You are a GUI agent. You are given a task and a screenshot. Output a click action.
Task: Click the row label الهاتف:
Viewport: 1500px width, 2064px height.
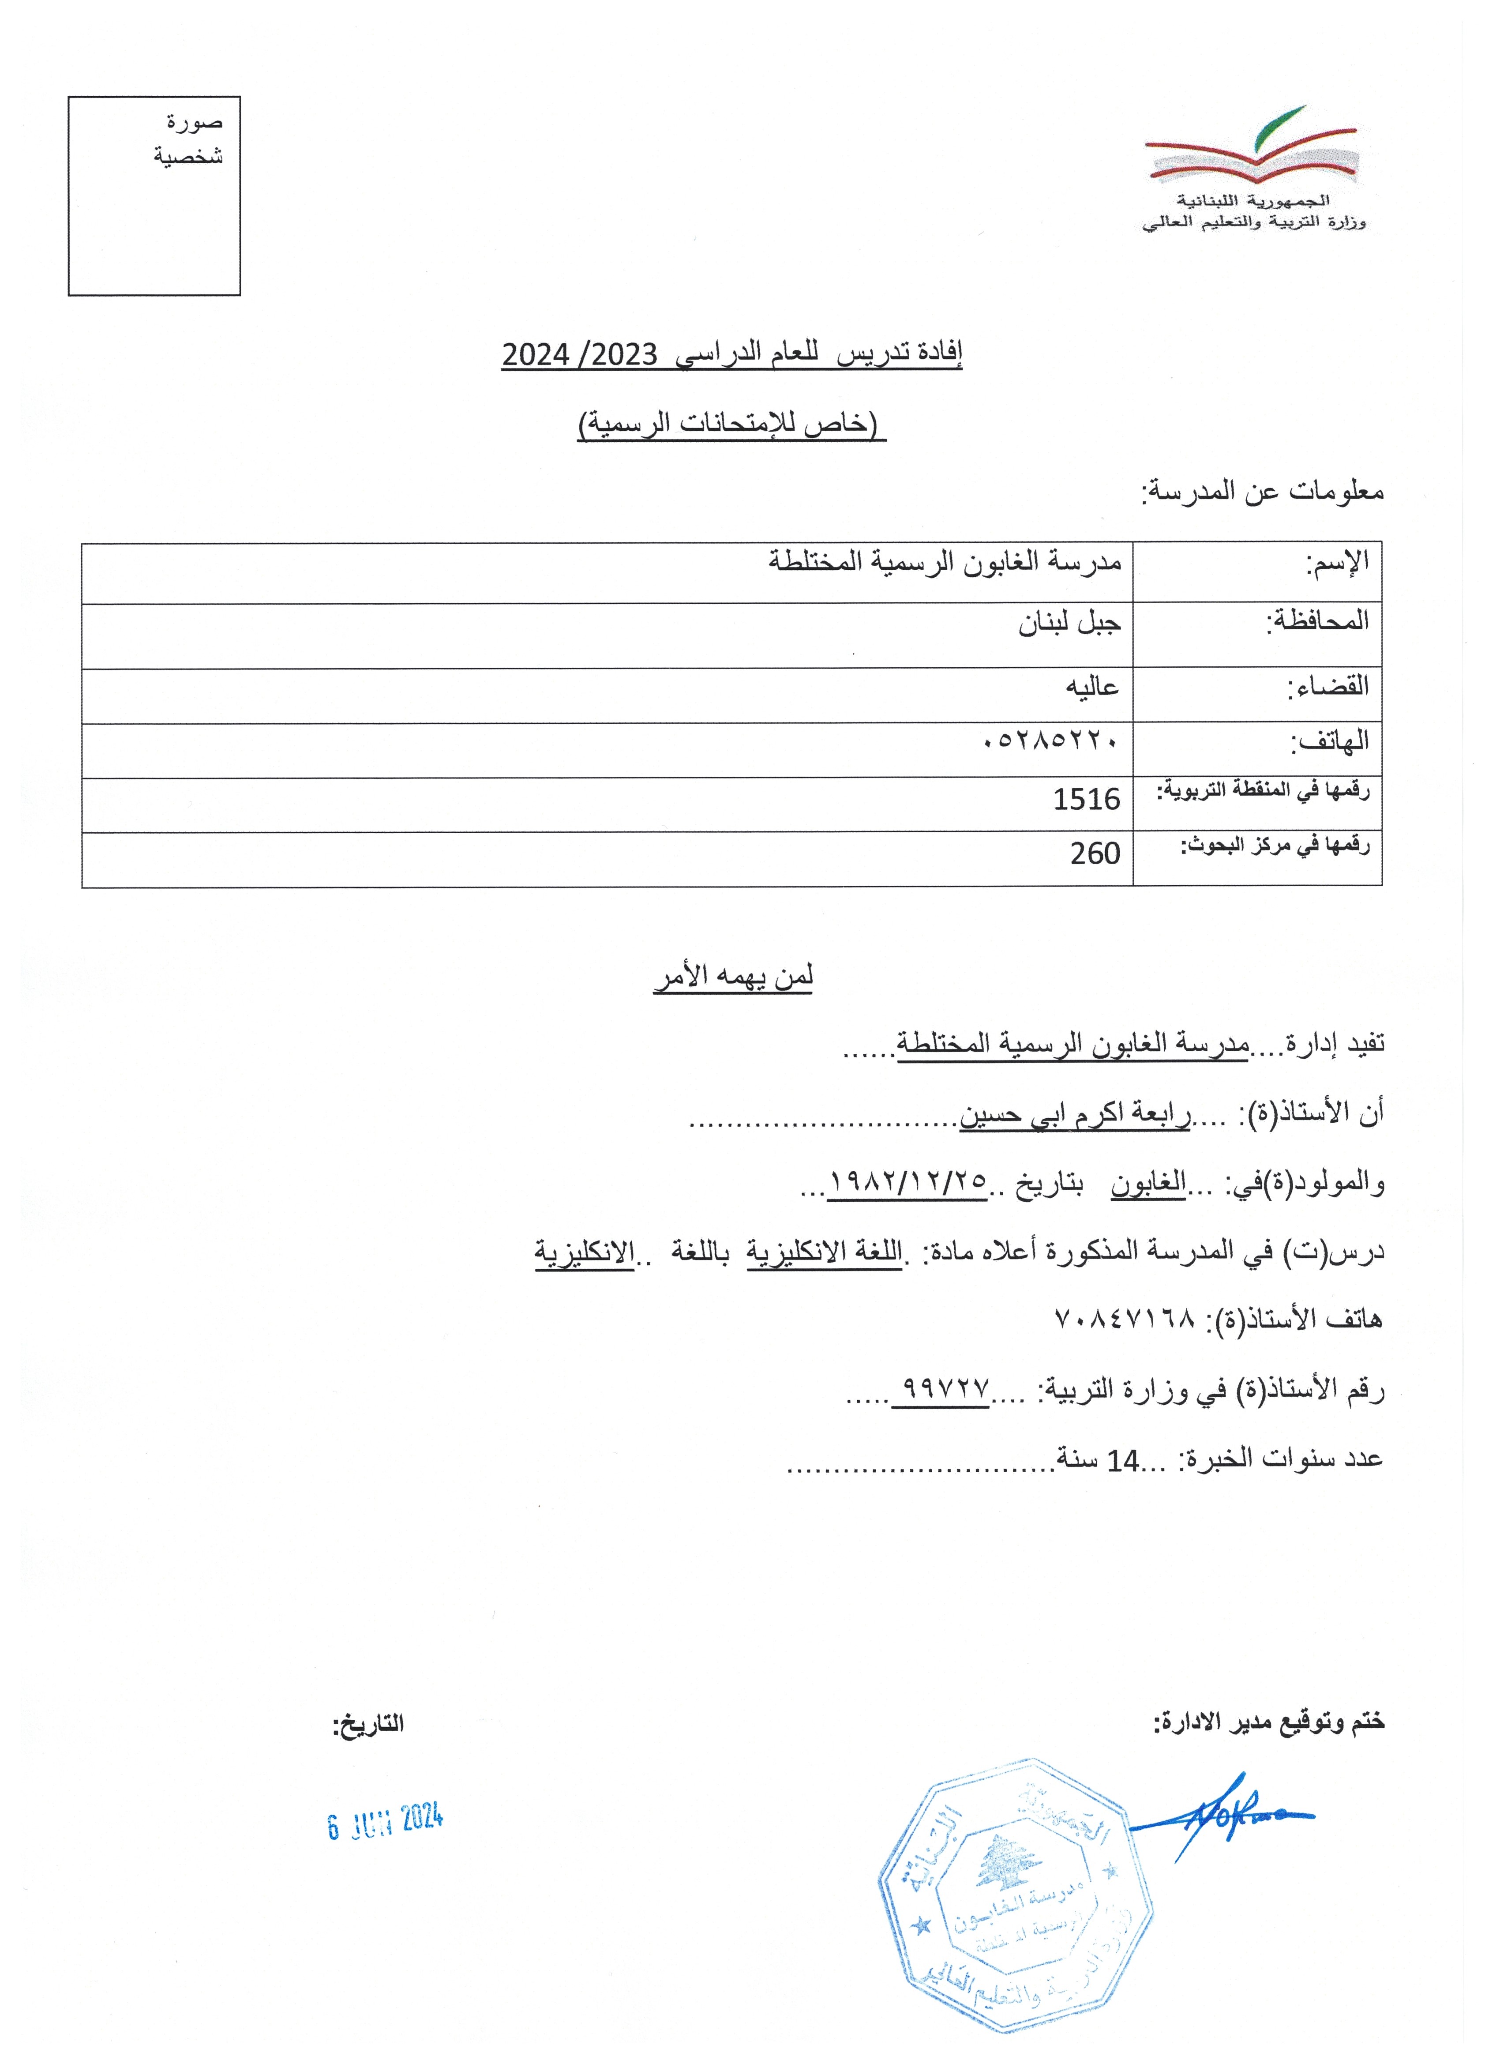(1330, 743)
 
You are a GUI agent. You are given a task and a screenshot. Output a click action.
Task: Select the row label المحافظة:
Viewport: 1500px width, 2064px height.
(1318, 623)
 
